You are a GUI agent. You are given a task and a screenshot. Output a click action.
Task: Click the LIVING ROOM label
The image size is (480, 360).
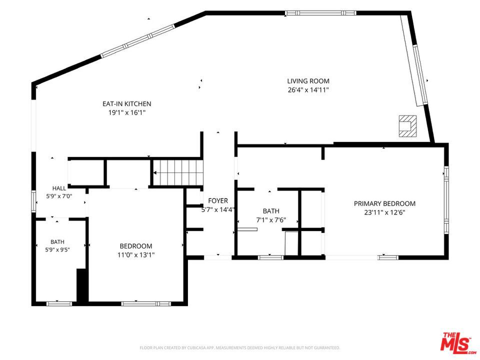pos(308,81)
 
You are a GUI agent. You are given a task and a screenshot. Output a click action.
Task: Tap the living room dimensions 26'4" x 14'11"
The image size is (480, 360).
pos(308,90)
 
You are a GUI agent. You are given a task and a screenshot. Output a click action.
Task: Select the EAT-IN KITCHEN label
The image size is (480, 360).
pos(126,104)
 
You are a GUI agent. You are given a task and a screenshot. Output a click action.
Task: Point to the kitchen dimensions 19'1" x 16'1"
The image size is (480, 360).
pos(126,112)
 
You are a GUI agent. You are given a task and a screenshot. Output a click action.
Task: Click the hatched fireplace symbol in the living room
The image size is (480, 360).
pos(408,126)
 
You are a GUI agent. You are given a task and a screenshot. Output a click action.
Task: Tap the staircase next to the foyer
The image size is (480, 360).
pos(178,172)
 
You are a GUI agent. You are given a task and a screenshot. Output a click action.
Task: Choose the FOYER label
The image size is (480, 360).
pos(218,201)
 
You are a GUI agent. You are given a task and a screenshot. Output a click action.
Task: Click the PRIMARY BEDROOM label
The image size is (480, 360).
pos(384,203)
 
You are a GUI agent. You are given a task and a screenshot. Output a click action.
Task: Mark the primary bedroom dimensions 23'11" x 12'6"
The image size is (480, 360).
pos(384,212)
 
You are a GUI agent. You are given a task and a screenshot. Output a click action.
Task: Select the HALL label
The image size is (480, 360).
pos(59,188)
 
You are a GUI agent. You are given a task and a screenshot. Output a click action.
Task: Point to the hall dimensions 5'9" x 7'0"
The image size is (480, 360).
pos(59,196)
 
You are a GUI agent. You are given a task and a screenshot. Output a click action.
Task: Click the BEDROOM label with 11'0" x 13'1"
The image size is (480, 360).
pos(136,246)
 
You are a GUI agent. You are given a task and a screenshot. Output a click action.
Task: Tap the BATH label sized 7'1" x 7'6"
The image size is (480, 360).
pos(271,211)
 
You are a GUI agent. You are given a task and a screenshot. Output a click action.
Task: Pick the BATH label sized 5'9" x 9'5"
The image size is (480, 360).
pos(57,242)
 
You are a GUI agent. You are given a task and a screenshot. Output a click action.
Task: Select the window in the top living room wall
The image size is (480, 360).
pos(320,13)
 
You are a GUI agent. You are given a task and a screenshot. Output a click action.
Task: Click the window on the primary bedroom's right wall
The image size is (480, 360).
pos(446,200)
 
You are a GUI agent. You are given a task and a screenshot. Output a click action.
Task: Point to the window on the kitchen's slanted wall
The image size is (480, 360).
pos(138,41)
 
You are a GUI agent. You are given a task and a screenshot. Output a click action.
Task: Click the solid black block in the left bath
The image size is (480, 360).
pos(82,286)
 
